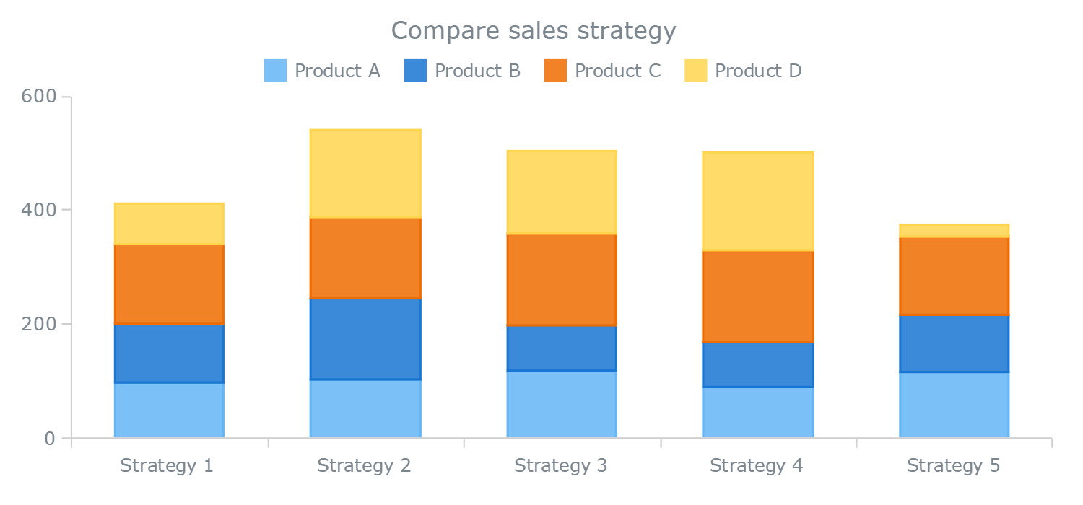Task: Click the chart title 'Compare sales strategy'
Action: (x=534, y=31)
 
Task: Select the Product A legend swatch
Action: (x=275, y=71)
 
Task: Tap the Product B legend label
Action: (x=477, y=71)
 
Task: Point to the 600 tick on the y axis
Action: (x=39, y=97)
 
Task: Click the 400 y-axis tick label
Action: (x=39, y=210)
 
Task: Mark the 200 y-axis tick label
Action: (x=39, y=324)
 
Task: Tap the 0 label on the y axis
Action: (x=49, y=438)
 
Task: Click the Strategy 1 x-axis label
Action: (x=167, y=465)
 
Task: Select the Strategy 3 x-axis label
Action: (x=561, y=465)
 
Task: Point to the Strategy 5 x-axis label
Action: (x=954, y=465)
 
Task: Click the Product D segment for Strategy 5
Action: (x=954, y=231)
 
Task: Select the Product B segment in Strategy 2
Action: (x=365, y=339)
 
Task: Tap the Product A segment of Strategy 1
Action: (x=169, y=410)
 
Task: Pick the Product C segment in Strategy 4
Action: (x=757, y=296)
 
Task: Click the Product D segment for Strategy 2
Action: (x=365, y=174)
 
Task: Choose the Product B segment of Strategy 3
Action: (x=561, y=348)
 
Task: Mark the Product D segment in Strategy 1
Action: (x=169, y=224)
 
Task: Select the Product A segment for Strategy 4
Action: (x=757, y=412)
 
